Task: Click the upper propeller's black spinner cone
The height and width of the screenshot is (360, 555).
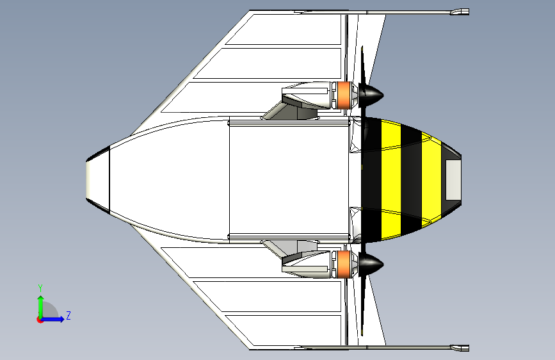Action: [x=371, y=95]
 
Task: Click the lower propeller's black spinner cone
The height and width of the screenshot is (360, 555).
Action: [x=371, y=263]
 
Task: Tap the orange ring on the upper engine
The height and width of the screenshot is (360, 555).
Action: [x=345, y=95]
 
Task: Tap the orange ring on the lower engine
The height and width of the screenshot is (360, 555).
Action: [x=345, y=263]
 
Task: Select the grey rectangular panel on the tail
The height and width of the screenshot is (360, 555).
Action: [x=453, y=179]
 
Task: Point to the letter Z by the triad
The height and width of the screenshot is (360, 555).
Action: [x=68, y=316]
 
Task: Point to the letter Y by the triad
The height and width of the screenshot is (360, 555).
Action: [x=40, y=288]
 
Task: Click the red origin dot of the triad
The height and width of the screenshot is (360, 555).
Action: [x=40, y=320]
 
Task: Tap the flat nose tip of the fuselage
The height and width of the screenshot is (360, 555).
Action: [x=89, y=179]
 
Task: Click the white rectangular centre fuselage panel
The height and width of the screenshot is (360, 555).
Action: [x=288, y=179]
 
